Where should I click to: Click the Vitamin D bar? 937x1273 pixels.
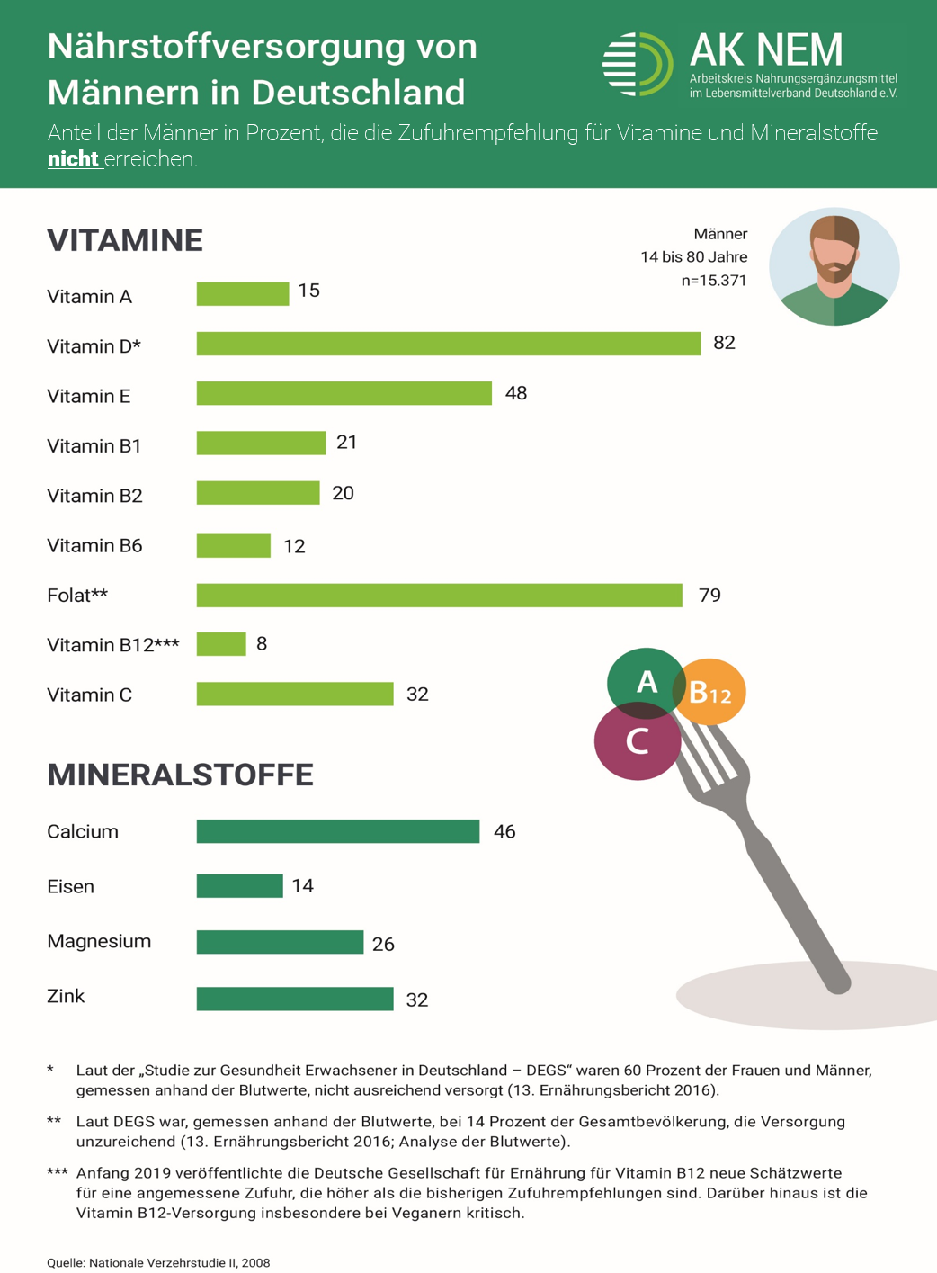click(x=448, y=344)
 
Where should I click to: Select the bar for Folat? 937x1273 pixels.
click(x=439, y=596)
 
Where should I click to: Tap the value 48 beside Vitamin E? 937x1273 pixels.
click(x=516, y=394)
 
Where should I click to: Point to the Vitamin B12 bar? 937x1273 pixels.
click(x=221, y=644)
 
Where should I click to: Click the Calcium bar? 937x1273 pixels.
click(x=337, y=831)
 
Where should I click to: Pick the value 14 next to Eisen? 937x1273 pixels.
click(x=303, y=886)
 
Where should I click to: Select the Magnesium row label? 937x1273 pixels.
click(x=99, y=941)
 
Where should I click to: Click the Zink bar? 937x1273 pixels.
click(x=295, y=999)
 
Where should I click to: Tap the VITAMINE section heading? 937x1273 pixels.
click(x=125, y=240)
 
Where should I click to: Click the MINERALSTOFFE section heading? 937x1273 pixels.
click(x=180, y=775)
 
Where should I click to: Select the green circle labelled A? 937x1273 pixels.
click(x=645, y=681)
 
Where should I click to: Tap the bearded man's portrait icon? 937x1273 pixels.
click(x=834, y=266)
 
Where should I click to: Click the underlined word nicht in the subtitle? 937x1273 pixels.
click(x=73, y=159)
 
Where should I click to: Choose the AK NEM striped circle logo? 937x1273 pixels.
click(x=637, y=64)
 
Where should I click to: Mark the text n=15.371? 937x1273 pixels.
click(x=714, y=281)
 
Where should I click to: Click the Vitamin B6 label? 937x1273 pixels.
click(x=94, y=546)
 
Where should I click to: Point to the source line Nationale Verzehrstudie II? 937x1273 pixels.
click(x=158, y=1262)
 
